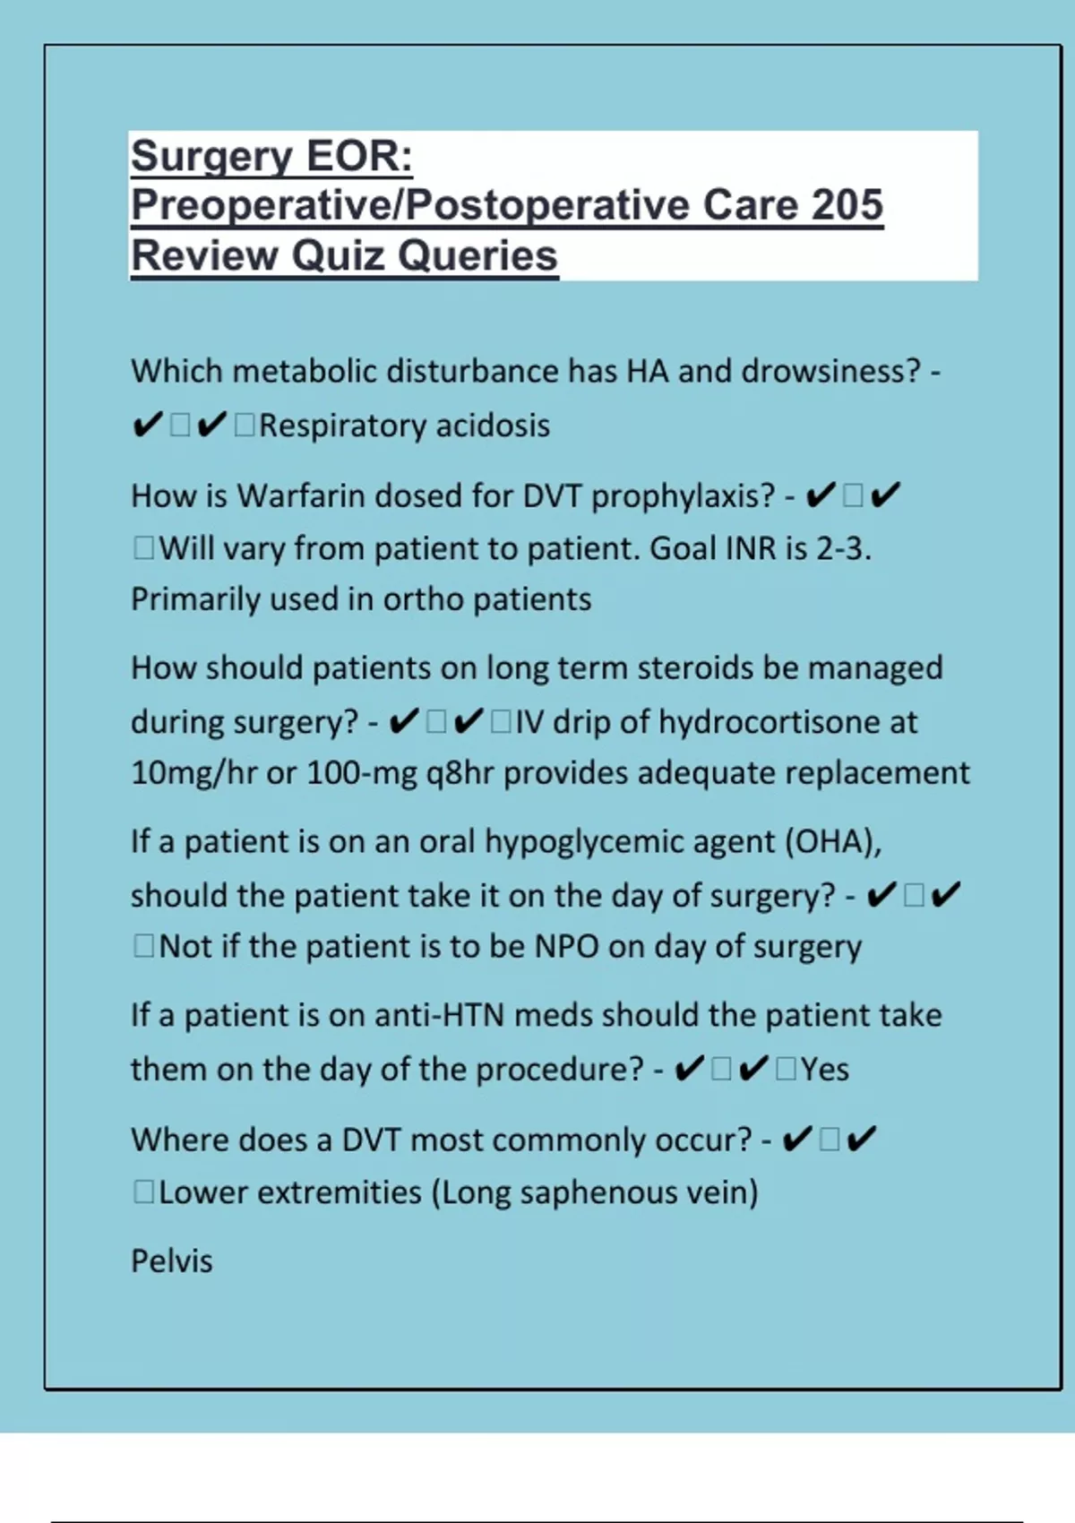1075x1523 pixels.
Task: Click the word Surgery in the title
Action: [x=202, y=157]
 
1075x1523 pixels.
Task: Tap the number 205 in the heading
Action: [x=847, y=205]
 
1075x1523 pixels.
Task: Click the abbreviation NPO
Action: [x=566, y=947]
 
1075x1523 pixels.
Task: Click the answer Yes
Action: [x=824, y=1070]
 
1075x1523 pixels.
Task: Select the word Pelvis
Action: [x=172, y=1261]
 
